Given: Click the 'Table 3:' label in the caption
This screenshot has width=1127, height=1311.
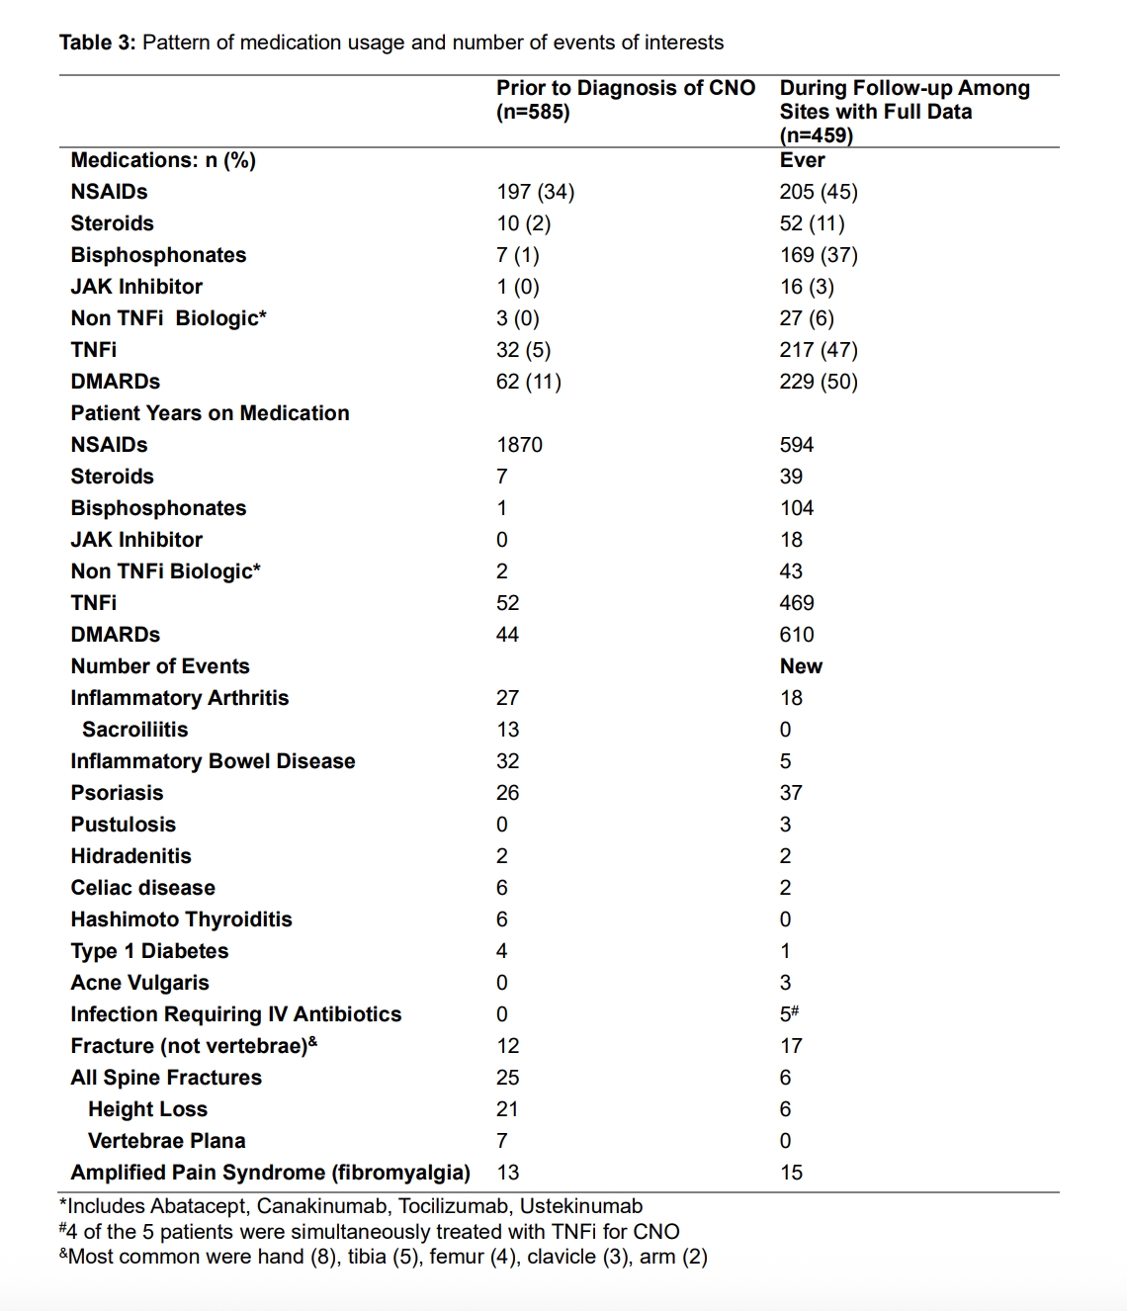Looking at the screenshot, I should pyautogui.click(x=97, y=43).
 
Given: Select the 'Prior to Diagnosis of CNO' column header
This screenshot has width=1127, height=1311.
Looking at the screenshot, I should pyautogui.click(x=625, y=88).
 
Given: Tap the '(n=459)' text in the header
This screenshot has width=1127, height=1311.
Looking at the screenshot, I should pyautogui.click(x=816, y=135).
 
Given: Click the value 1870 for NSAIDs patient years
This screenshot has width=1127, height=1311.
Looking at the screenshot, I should pyautogui.click(x=519, y=445).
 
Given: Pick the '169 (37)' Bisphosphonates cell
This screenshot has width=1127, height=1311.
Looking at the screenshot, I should pyautogui.click(x=819, y=255).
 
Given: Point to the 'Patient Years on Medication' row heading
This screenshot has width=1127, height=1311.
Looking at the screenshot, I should pyautogui.click(x=210, y=413).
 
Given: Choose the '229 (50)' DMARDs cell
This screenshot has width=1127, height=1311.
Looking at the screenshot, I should pyautogui.click(x=819, y=382).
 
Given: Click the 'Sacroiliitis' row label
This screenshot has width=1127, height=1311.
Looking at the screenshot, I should pyautogui.click(x=134, y=730).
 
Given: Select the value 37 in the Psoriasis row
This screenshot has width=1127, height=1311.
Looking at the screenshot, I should pyautogui.click(x=791, y=793).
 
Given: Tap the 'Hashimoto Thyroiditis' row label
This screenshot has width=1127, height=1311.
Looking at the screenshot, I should pyautogui.click(x=181, y=919).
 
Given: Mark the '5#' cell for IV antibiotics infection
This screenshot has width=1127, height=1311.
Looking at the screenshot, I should pyautogui.click(x=789, y=1014).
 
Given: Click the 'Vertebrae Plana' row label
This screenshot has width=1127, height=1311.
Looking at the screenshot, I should pyautogui.click(x=166, y=1141).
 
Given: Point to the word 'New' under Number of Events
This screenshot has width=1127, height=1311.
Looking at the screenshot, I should pyautogui.click(x=801, y=666).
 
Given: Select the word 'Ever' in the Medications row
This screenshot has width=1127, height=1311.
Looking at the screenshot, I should pyautogui.click(x=802, y=160).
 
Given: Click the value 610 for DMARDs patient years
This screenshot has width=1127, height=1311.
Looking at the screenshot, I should pyautogui.click(x=797, y=635).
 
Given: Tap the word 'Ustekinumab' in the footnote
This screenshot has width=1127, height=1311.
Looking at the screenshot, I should pyautogui.click(x=581, y=1206).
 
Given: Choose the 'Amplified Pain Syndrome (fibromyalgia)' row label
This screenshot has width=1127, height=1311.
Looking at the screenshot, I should pyautogui.click(x=270, y=1173).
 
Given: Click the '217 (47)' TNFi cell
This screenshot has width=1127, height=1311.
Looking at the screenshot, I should pyautogui.click(x=819, y=350).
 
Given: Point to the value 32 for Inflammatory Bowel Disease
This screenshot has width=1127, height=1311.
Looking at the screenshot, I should pyautogui.click(x=507, y=761).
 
